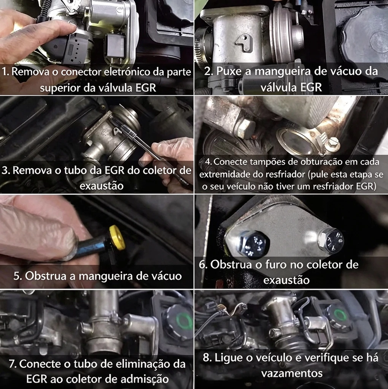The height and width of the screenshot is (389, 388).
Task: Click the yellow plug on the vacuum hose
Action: click(117, 238)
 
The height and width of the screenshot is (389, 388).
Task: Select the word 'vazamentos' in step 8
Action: click(292, 373)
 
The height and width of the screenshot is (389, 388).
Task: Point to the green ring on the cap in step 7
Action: click(184, 320)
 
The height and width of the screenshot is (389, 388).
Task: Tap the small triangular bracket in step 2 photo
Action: click(244, 43)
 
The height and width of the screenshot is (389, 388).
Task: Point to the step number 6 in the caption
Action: click(203, 265)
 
